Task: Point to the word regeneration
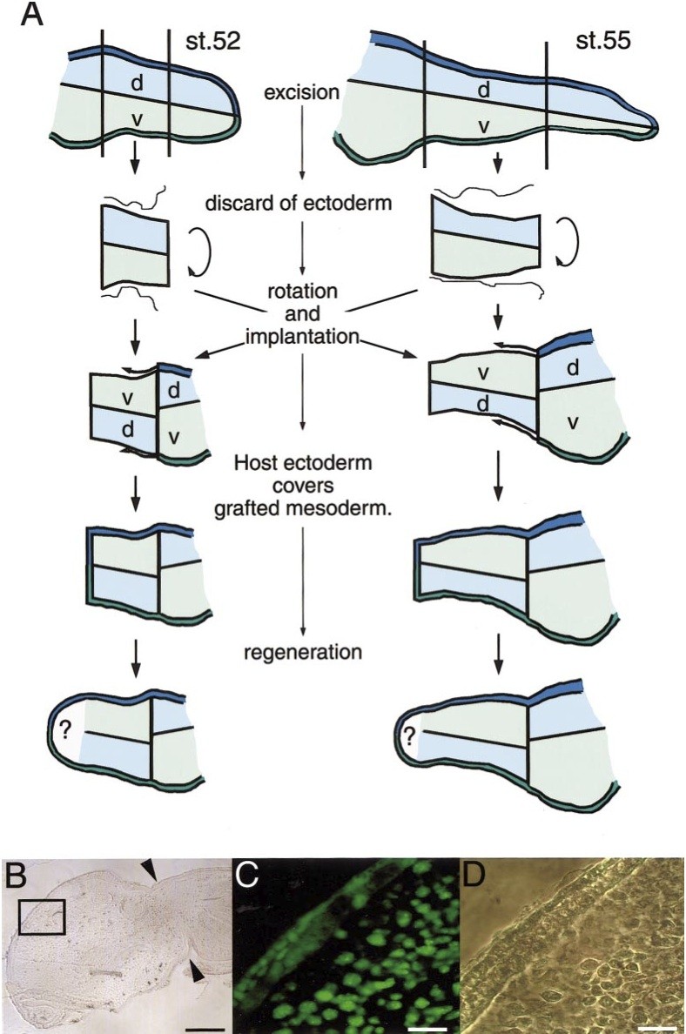click(302, 650)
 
